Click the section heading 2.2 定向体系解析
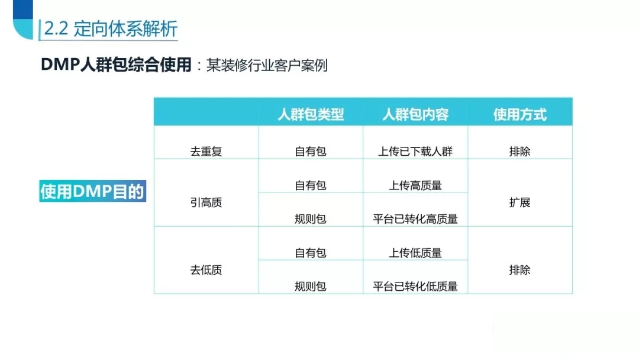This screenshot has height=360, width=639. coord(111,28)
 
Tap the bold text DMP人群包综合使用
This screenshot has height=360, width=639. coord(116,65)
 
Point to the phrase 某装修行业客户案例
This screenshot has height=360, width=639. coord(266,65)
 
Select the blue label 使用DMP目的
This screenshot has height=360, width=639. coord(92,191)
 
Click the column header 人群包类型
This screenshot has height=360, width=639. coord(311,114)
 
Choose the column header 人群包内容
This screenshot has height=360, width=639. coord(415,114)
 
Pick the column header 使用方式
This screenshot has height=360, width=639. coord(519,114)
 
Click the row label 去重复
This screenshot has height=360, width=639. coord(206,151)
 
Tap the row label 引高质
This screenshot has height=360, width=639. coord(206,202)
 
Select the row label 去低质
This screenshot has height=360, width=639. coord(206,269)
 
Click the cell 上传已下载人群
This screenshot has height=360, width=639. coord(415,151)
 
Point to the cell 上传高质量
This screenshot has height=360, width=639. coord(415,185)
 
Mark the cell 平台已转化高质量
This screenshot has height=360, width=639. coord(415,219)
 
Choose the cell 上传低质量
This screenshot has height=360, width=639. coord(415,253)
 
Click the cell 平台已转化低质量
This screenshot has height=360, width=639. coord(415,286)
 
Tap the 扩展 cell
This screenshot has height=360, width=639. coord(519,202)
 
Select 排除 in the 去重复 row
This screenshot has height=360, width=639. coord(519,151)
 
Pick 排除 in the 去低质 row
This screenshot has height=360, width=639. coord(519,269)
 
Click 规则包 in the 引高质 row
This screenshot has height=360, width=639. coord(311,219)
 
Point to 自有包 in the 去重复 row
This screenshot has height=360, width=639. coord(311,151)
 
